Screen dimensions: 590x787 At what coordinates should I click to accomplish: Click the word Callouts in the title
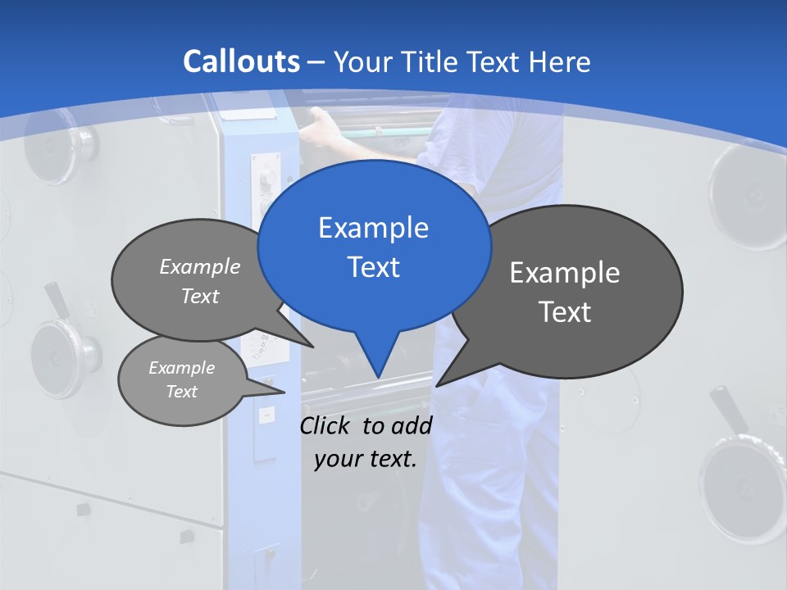pyautogui.click(x=242, y=61)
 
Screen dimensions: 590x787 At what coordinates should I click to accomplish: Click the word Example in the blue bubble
pyautogui.click(x=374, y=227)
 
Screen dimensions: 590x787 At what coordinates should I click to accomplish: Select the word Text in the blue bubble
pyautogui.click(x=374, y=267)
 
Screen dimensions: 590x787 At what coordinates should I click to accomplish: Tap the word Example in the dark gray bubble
pyautogui.click(x=565, y=272)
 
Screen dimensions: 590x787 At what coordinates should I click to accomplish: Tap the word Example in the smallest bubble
pyautogui.click(x=182, y=368)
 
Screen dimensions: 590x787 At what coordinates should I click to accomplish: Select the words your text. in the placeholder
pyautogui.click(x=366, y=459)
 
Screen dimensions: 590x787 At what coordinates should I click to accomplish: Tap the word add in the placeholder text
pyautogui.click(x=412, y=425)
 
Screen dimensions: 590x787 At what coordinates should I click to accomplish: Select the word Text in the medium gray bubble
pyautogui.click(x=200, y=296)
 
